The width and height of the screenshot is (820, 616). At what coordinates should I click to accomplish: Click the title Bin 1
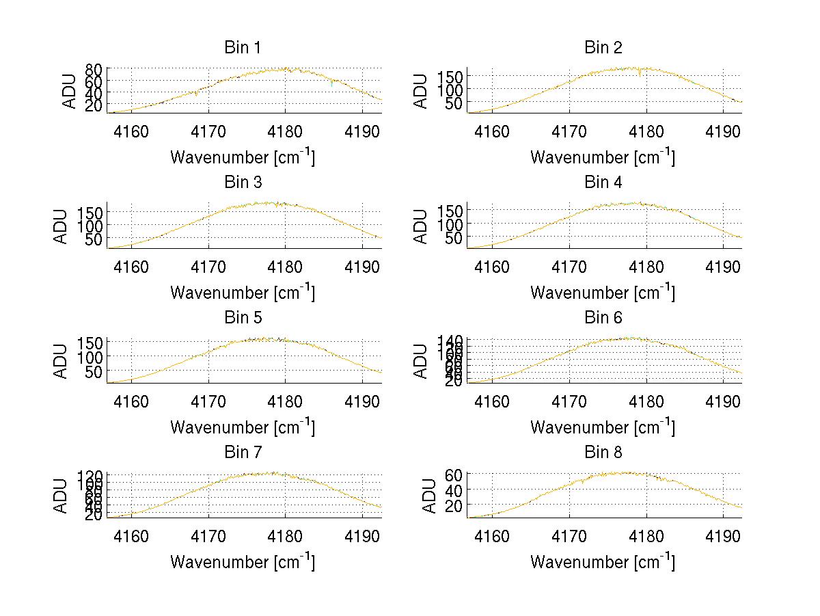pyautogui.click(x=243, y=48)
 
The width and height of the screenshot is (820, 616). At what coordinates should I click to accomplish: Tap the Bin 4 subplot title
pyautogui.click(x=603, y=183)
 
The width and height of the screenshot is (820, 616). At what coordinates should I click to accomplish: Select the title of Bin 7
pyautogui.click(x=243, y=453)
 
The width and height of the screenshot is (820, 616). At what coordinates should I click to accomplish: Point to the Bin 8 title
pyautogui.click(x=603, y=453)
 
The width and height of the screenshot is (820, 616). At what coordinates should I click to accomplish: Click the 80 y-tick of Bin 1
pyautogui.click(x=94, y=69)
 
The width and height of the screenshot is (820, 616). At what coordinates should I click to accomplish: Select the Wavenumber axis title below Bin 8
pyautogui.click(x=603, y=561)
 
